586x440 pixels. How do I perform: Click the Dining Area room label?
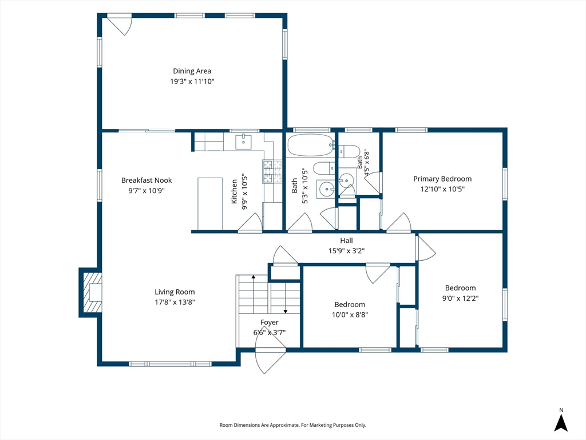coord(192,71)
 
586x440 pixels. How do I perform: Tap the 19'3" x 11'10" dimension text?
coord(192,81)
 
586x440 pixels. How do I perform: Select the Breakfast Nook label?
coord(146,180)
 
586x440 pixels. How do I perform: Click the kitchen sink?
coord(243,142)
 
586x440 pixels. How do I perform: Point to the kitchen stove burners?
coord(272,171)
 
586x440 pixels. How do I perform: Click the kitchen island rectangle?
coord(209,204)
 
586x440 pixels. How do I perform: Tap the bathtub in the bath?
coord(311,145)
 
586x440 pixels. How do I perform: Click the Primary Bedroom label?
coord(442,179)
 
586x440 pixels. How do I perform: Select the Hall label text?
coord(346,241)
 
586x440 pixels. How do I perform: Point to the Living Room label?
coord(175,292)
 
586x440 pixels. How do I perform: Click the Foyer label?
coord(270,322)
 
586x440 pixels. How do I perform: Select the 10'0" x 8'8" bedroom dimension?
coord(350,315)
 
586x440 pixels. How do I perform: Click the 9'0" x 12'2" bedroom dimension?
coord(461,298)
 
